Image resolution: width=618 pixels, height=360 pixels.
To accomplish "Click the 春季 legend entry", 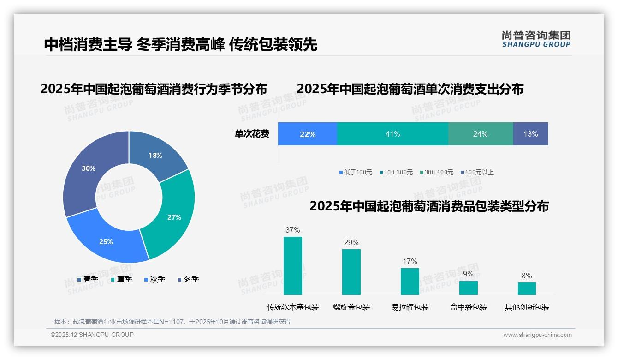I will [x=88, y=279].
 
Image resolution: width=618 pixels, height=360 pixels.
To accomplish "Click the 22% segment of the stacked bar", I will [x=308, y=134].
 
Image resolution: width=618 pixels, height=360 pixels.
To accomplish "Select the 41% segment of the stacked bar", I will [x=392, y=134].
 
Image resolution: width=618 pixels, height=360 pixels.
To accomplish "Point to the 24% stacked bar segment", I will [x=480, y=134].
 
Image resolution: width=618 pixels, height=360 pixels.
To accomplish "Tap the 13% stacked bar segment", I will [x=530, y=134].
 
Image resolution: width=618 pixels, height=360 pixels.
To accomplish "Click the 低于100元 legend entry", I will [x=356, y=172].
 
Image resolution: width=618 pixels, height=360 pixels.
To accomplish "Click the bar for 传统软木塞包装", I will [x=293, y=266].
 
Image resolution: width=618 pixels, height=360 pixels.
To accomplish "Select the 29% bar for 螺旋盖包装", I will [x=351, y=272].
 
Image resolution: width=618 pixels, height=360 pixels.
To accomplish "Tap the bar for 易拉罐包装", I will [x=410, y=282].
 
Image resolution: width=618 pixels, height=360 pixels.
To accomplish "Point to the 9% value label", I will [x=468, y=274].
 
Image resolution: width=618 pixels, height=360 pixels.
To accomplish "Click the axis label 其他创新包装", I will [x=527, y=307].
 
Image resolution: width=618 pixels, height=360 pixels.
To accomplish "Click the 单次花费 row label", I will [x=252, y=134].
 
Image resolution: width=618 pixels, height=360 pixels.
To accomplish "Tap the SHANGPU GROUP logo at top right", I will [x=536, y=39].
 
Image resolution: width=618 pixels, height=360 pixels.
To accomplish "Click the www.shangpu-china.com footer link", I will [x=537, y=335].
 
